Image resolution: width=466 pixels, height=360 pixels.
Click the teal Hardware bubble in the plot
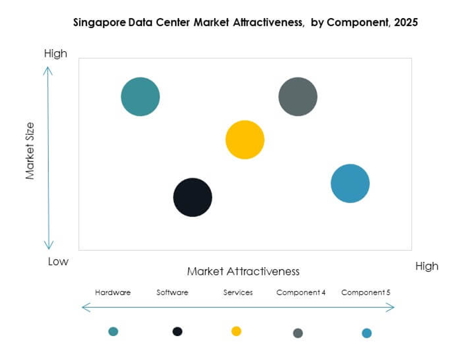click(x=140, y=97)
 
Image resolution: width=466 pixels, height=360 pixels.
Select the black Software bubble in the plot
click(x=193, y=197)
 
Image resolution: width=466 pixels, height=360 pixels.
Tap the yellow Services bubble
click(x=245, y=140)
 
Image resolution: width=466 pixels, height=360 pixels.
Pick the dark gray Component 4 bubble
click(x=298, y=97)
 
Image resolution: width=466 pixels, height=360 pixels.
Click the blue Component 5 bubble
click(x=350, y=183)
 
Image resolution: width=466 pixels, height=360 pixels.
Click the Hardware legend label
click(x=113, y=292)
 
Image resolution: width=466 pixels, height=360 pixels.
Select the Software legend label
click(x=172, y=292)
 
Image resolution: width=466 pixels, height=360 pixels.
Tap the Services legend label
click(x=238, y=292)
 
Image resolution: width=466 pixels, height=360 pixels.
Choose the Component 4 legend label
click(x=301, y=292)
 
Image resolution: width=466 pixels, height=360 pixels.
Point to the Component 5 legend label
click(x=365, y=292)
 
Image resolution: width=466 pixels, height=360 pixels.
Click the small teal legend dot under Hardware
click(x=113, y=331)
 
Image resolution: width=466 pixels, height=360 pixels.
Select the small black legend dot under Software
click(x=177, y=331)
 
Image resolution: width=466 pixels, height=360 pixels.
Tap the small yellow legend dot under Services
click(x=236, y=331)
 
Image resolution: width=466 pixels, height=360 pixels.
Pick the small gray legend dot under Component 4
click(x=298, y=333)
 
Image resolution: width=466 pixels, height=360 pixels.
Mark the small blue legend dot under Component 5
click(x=367, y=333)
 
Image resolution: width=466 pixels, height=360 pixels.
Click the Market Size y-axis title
click(x=30, y=151)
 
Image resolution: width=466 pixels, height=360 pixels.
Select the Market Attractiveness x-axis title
click(x=243, y=271)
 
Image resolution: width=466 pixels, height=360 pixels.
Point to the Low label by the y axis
click(x=58, y=262)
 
